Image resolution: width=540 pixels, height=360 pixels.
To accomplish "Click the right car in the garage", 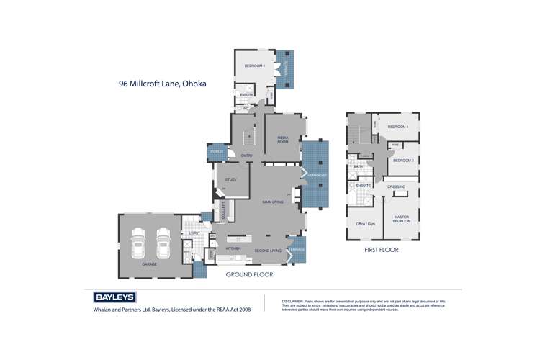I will point(163,243).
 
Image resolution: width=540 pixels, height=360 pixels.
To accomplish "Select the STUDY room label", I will point(231,179).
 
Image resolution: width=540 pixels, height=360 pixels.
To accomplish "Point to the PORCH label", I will point(217,152).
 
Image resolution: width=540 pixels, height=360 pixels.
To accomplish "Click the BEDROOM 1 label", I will point(254,66).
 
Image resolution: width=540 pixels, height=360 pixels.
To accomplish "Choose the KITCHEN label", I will point(233,248).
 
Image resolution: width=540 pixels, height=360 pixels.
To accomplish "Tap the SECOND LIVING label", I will point(267,251).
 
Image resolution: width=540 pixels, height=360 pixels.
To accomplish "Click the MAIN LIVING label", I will point(272,202).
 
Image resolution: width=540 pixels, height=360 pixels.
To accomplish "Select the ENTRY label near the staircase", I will point(247,156).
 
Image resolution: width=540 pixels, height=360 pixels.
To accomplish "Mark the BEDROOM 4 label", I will point(397,127).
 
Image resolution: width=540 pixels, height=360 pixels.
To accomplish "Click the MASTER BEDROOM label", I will point(401,219).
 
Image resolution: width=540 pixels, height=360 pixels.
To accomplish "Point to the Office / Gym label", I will point(365,224).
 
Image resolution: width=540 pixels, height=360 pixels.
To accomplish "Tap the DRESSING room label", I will point(397,187).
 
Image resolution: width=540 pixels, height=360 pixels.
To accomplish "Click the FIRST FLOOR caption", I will point(382,250).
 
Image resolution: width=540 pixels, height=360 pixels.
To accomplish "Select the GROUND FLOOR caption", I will point(249,274).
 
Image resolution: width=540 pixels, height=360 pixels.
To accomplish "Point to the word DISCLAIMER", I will point(293,301).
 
